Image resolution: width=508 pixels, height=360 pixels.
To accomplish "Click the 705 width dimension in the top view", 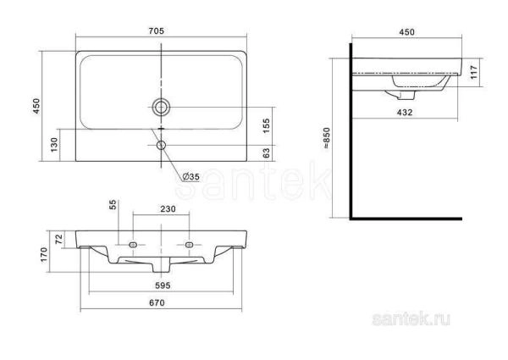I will (156, 31).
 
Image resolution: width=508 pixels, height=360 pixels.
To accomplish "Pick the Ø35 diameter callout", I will (190, 176).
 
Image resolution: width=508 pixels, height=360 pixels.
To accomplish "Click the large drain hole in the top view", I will (161, 107).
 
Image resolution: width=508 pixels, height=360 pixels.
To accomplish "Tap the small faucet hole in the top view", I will (162, 144).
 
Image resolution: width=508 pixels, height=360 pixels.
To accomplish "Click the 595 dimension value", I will (162, 285).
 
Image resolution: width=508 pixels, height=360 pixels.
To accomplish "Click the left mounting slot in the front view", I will (133, 245).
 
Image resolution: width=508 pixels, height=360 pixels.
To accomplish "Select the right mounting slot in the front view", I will (190, 245).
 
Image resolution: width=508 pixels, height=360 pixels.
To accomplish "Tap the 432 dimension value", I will (406, 110).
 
